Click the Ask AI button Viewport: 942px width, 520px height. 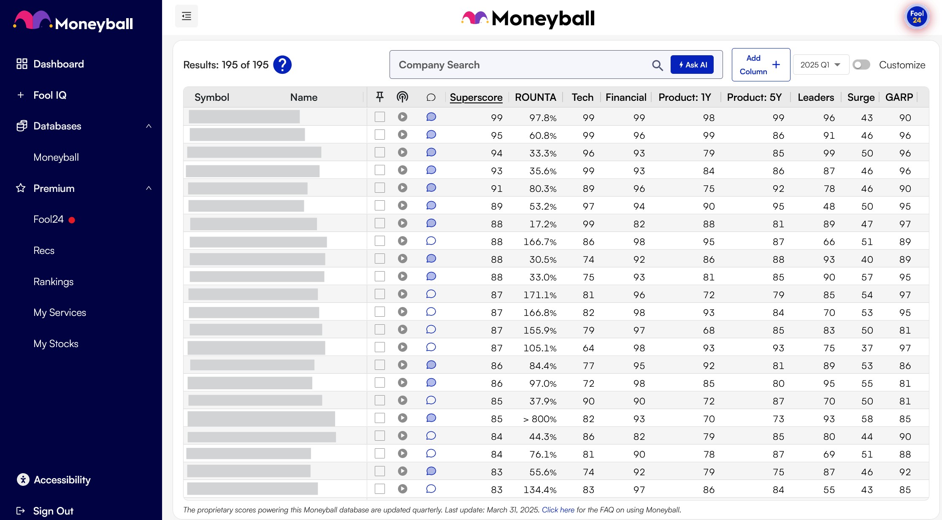(692, 65)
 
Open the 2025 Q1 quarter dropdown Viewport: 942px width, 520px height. (820, 65)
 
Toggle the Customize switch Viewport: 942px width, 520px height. (861, 65)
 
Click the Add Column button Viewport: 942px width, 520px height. (761, 65)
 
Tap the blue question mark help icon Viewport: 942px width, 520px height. (282, 65)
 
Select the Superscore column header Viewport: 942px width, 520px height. (476, 97)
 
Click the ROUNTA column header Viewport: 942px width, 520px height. (535, 97)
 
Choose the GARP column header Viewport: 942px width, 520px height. (899, 97)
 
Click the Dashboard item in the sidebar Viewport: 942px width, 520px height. (58, 64)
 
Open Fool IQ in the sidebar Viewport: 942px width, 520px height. (50, 95)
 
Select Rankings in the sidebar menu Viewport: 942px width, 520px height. (53, 282)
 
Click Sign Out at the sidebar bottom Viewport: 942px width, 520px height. (53, 511)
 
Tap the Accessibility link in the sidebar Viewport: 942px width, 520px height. (62, 480)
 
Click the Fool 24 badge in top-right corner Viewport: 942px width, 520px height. (917, 17)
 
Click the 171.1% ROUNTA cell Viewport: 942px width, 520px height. (540, 295)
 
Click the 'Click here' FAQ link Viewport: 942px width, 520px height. (558, 510)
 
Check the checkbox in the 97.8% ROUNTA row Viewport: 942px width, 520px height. (380, 117)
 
